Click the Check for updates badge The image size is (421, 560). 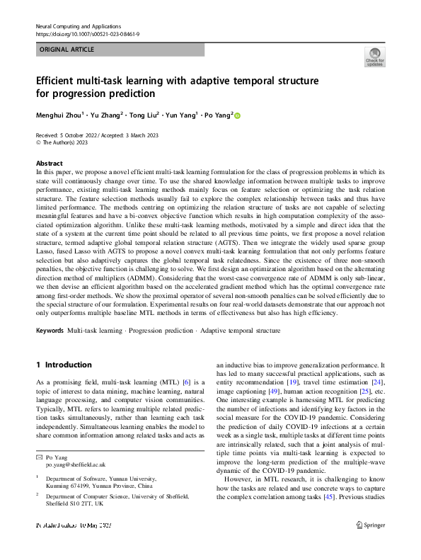[374, 57]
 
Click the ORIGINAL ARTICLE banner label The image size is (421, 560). [68, 50]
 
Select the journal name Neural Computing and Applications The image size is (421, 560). [78, 25]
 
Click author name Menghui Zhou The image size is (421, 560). [59, 115]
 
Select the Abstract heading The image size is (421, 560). [50, 163]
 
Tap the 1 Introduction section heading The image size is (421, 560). [64, 365]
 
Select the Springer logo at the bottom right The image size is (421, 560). [371, 544]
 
